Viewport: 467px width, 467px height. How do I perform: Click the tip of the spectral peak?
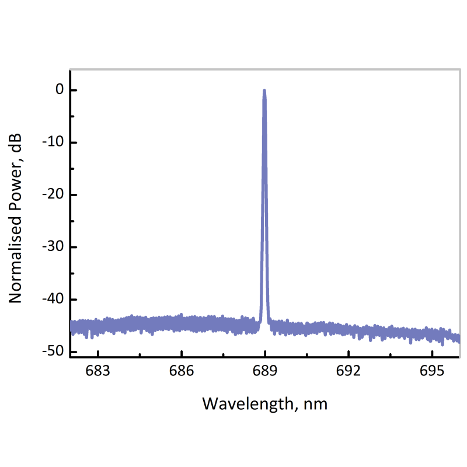[264, 90]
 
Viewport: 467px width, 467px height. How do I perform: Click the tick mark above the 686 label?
[182, 354]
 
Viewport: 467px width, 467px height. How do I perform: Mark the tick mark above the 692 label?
[348, 354]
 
